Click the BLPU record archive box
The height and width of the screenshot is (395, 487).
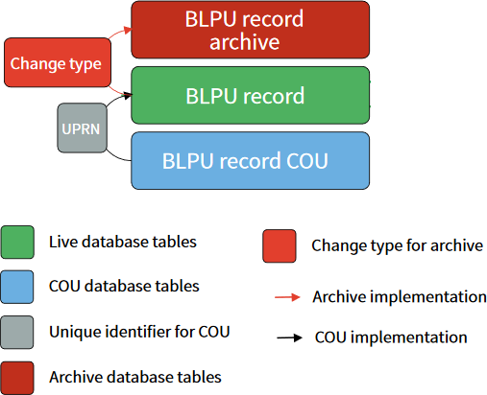click(x=250, y=30)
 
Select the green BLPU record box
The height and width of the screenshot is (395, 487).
click(x=250, y=95)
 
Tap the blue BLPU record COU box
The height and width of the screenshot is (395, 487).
click(x=250, y=159)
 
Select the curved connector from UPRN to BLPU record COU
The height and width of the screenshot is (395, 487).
click(x=115, y=153)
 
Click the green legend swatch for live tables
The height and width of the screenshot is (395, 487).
click(x=17, y=242)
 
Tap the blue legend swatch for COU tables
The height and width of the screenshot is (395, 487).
click(x=17, y=287)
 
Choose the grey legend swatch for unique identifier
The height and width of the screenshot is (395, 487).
click(x=17, y=332)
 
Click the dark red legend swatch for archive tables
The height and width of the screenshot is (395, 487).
click(x=17, y=377)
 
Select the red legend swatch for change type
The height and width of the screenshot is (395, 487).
click(x=279, y=245)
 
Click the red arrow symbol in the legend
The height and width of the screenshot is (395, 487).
click(x=287, y=297)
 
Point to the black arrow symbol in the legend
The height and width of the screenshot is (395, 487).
click(x=287, y=337)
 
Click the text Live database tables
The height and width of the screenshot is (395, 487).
click(x=122, y=242)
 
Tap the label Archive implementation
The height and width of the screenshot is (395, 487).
click(x=399, y=297)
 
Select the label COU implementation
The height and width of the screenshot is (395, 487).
click(x=391, y=337)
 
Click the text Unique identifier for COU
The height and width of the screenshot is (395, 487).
click(x=139, y=332)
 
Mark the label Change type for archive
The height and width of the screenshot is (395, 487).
click(x=397, y=245)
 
